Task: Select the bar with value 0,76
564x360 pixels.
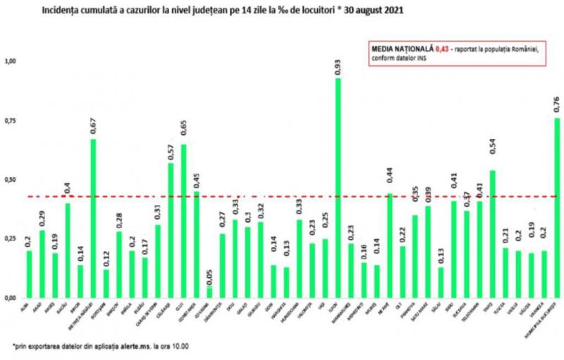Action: (557, 207)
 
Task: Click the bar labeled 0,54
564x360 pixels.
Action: (492, 233)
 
